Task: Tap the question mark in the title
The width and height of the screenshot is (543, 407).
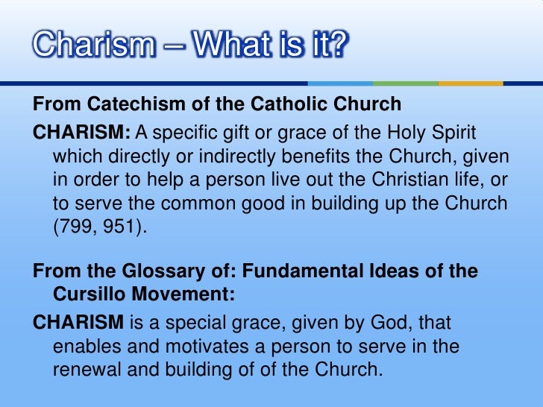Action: (338, 45)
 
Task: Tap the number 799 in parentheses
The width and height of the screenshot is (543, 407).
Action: (76, 227)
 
